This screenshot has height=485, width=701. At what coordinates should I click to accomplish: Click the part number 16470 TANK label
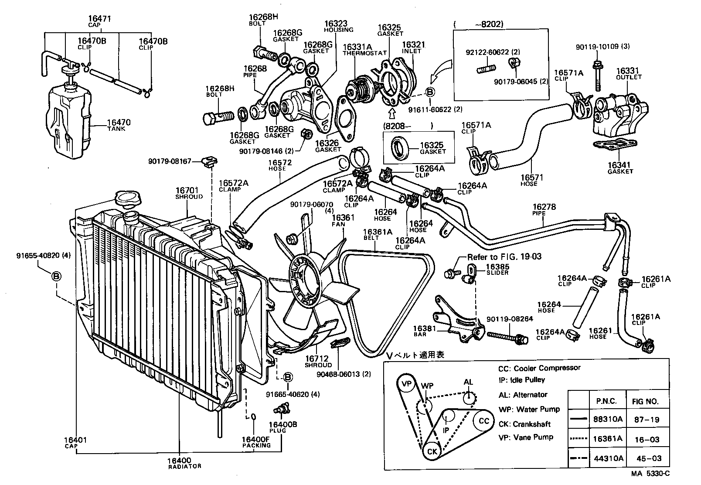point(119,125)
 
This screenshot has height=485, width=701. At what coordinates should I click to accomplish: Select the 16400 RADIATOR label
point(179,463)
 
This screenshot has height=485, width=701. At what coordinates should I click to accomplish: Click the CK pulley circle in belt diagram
point(432,451)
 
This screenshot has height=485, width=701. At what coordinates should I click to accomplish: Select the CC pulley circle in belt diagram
point(484,421)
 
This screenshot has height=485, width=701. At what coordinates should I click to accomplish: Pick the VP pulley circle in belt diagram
point(406,384)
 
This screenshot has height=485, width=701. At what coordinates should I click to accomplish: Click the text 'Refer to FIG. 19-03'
point(504,256)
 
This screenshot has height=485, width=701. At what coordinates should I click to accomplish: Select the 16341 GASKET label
point(620,168)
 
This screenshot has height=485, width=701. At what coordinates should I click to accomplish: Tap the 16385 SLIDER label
point(497,269)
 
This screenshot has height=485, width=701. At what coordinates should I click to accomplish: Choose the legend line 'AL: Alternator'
point(523,394)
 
